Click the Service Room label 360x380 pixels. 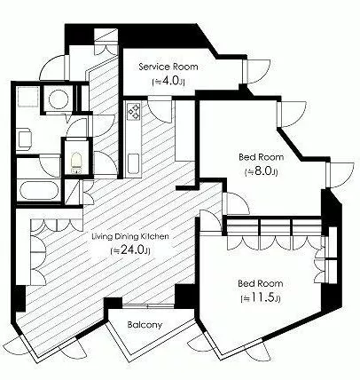(168, 67)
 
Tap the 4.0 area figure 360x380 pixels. (168, 82)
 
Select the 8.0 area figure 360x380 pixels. (261, 171)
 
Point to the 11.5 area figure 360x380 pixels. (261, 298)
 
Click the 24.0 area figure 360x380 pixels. (130, 250)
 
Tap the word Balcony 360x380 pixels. (145, 325)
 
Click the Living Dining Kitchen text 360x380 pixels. (130, 236)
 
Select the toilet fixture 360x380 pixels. (76, 163)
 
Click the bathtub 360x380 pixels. (38, 191)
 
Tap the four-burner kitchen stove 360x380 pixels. (134, 111)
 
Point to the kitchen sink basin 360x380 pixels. (134, 163)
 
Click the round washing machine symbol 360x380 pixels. (58, 99)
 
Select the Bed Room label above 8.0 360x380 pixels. (261, 157)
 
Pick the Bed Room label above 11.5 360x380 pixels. (261, 283)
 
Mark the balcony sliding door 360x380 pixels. (148, 305)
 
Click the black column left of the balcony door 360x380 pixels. (113, 304)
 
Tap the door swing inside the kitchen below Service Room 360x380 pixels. (160, 109)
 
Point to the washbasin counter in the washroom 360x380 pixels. (24, 139)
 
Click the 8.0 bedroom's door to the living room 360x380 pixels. (236, 203)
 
